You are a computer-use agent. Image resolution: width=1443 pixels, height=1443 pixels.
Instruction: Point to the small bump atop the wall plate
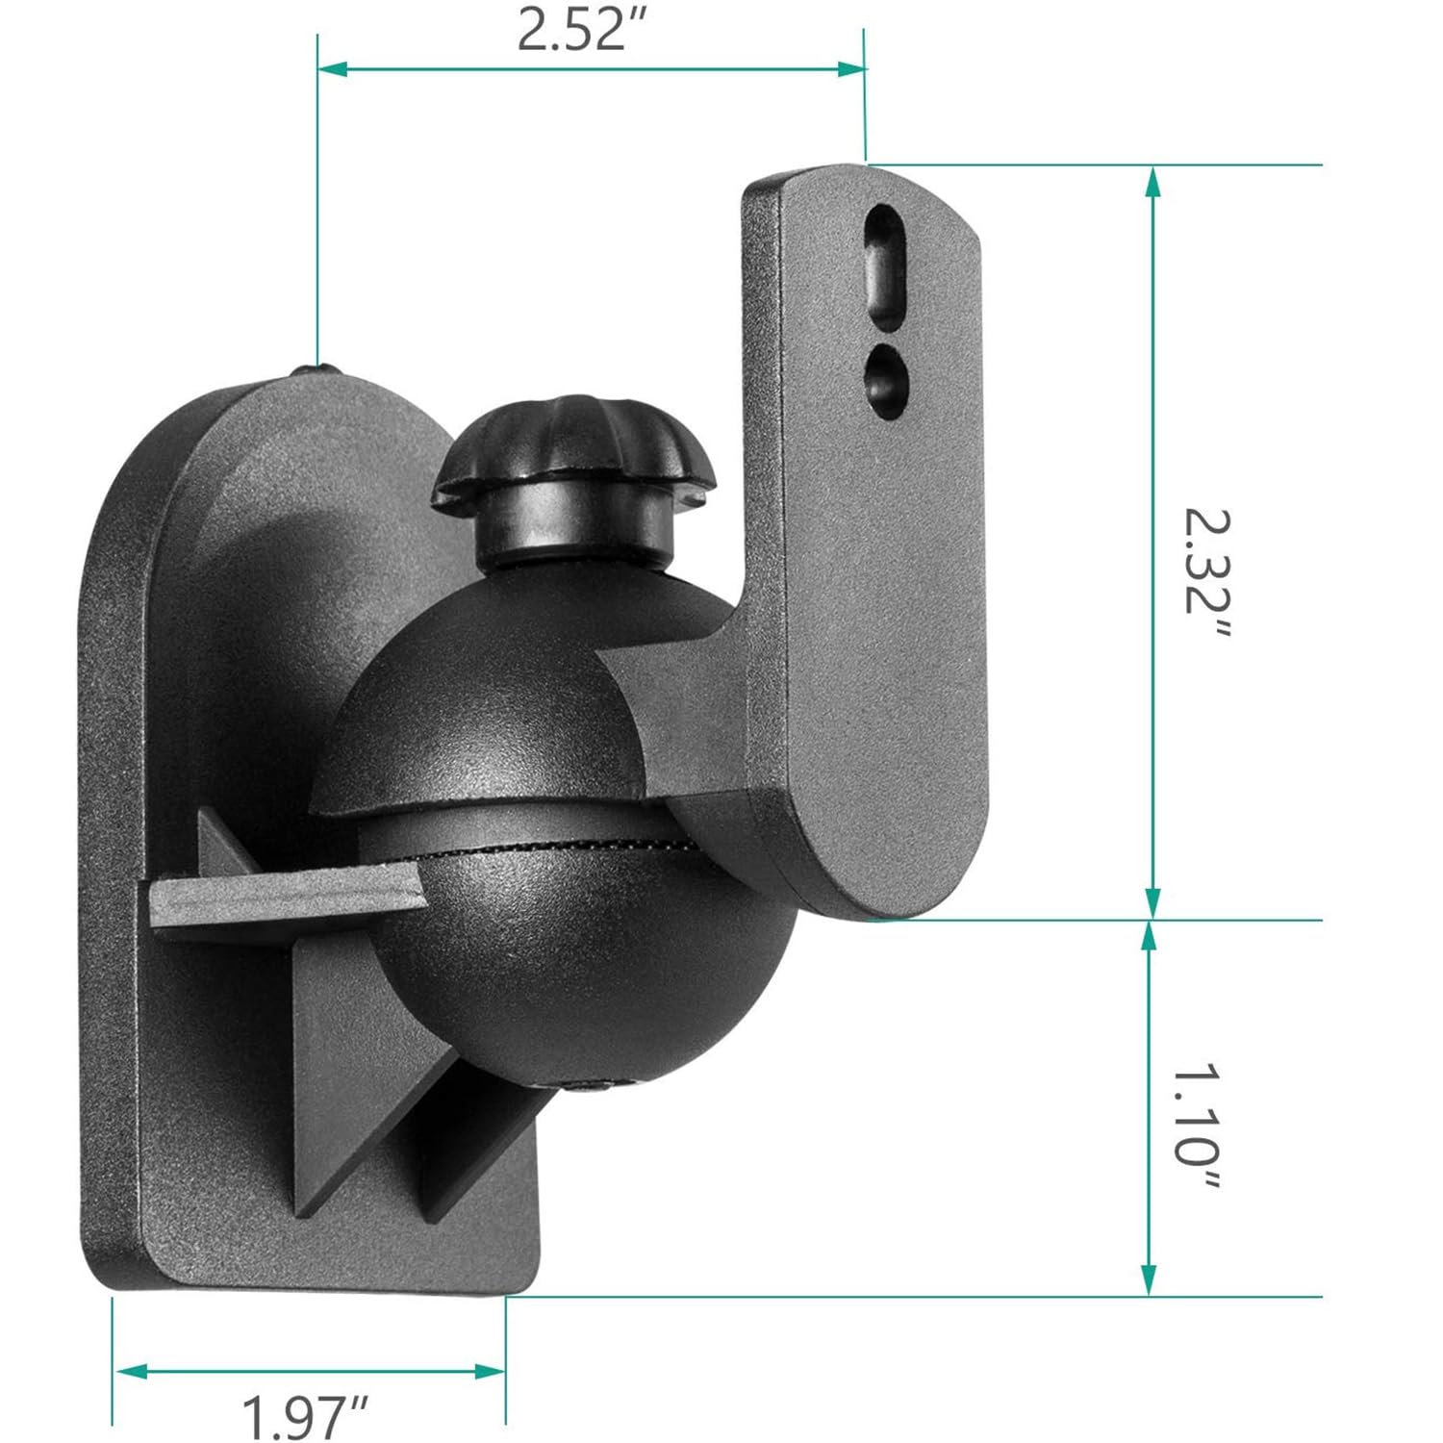(317, 368)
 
